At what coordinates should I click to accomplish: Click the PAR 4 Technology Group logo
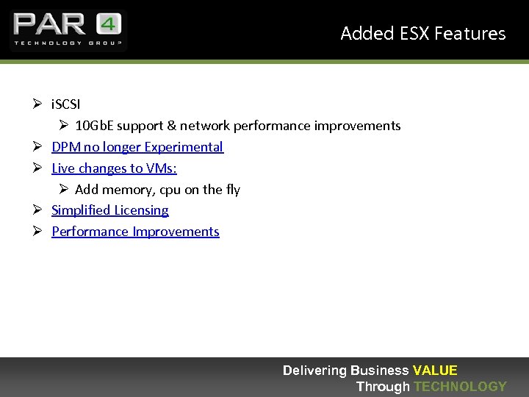68,30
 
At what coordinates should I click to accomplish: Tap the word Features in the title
470,34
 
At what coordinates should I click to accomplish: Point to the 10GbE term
94,126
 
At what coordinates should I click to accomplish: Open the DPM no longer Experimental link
137,147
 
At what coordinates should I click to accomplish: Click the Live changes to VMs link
114,168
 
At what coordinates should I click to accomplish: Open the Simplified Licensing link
110,210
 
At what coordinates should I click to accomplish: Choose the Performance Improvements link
135,232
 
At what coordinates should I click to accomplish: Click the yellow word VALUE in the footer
435,371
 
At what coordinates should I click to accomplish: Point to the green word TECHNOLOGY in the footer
460,386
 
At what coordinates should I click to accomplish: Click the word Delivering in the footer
315,371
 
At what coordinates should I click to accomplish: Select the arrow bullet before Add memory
62,190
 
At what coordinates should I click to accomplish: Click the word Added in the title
367,34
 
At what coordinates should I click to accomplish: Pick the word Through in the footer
383,386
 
